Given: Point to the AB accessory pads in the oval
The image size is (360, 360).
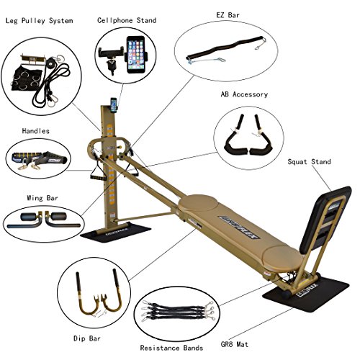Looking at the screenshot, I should [x=245, y=137].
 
